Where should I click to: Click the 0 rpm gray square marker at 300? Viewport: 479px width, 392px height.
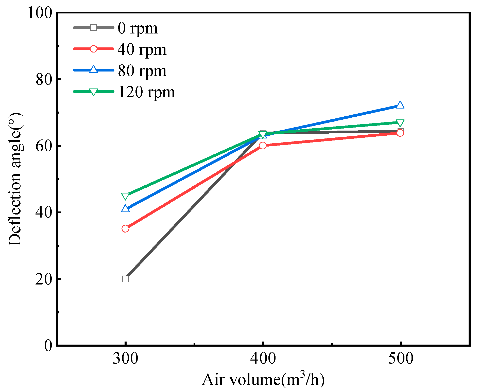pos(125,279)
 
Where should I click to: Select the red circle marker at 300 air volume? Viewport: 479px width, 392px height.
pos(125,229)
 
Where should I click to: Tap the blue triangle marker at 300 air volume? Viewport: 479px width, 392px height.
pos(125,209)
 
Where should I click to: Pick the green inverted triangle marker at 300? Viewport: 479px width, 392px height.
pos(125,196)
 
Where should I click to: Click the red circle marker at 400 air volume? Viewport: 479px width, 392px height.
pos(263,146)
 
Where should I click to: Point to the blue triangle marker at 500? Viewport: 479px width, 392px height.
pos(400,105)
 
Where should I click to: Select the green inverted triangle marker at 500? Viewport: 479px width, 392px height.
pos(400,123)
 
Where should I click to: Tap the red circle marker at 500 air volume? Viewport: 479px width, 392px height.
pos(400,133)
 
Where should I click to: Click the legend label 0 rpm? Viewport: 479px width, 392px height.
pos(138,28)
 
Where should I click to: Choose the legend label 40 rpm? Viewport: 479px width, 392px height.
pos(142,49)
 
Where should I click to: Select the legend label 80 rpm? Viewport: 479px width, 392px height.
pos(142,71)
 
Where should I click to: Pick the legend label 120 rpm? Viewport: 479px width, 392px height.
pos(146,92)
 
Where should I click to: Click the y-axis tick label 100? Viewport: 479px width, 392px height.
pos(40,12)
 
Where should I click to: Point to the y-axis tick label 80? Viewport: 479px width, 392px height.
pos(44,79)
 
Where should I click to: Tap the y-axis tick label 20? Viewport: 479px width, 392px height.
pos(44,279)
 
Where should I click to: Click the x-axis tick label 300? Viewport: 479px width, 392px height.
pos(125,359)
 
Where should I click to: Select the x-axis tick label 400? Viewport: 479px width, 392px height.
pos(263,359)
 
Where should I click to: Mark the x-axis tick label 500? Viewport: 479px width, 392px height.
pos(400,359)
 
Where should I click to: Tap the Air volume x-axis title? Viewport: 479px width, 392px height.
pos(263,380)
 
